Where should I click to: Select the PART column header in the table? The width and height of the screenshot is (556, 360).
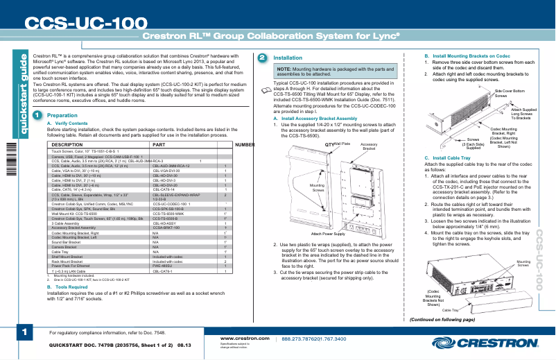point(159,145)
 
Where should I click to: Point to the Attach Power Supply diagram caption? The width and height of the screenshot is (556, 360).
point(329,234)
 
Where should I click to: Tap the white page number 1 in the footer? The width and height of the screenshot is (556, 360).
point(24,332)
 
